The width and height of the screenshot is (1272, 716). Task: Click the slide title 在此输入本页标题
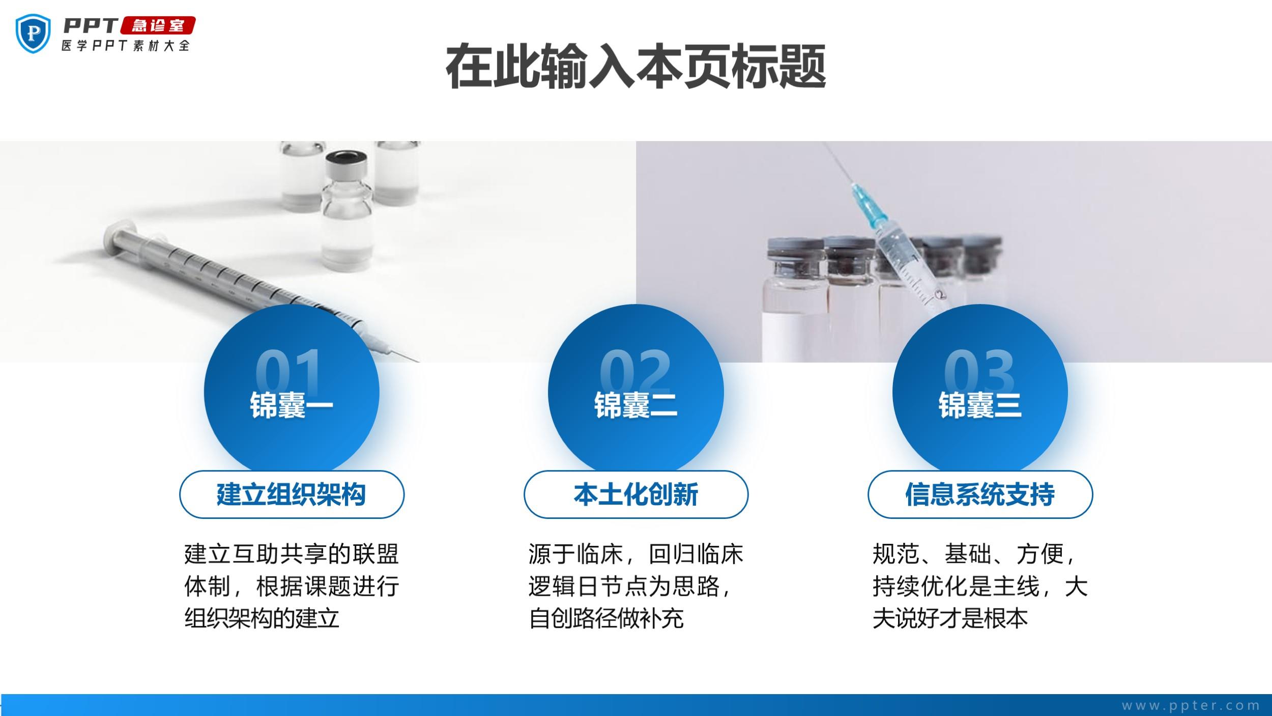[635, 67]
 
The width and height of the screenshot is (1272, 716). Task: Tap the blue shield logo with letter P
[34, 33]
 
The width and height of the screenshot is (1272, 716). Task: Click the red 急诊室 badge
[158, 25]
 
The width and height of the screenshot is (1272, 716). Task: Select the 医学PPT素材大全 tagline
[126, 45]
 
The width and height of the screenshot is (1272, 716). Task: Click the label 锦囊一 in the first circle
[291, 405]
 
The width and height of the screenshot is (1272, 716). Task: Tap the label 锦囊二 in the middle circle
[635, 405]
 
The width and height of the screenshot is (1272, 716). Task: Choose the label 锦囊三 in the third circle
[980, 405]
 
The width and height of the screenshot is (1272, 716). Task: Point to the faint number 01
[289, 371]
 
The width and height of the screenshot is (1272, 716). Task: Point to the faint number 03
[979, 371]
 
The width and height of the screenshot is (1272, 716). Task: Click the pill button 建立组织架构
[292, 494]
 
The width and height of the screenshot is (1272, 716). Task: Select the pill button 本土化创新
[636, 494]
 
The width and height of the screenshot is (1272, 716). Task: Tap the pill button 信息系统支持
[980, 494]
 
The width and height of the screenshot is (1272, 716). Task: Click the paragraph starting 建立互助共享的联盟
[292, 586]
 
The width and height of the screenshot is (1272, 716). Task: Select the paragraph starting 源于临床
[635, 586]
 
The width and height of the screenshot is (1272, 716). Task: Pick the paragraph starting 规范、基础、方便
[980, 586]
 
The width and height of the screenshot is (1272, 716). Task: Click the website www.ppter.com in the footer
[1191, 705]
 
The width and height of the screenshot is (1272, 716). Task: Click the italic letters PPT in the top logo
[91, 25]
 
